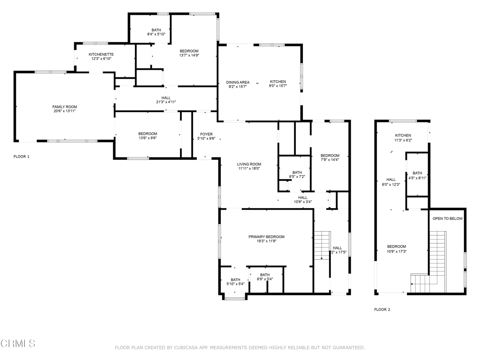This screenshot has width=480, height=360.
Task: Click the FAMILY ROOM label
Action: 65,107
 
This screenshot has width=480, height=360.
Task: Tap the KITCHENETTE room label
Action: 101,54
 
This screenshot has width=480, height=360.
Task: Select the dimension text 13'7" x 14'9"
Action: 189,55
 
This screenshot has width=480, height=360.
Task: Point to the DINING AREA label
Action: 238,82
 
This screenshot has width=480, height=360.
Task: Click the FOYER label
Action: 206,134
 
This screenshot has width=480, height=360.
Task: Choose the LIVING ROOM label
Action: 249,164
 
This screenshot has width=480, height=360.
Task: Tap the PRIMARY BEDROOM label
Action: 266,237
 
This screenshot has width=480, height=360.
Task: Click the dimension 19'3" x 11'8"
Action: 266,241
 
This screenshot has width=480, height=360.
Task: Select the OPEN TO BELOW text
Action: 448,218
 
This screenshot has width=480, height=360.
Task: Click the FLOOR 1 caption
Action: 22,157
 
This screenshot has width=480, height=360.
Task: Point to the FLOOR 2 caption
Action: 382,309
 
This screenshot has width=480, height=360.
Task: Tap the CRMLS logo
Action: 18,344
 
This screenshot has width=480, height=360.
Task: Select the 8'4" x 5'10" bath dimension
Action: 156,34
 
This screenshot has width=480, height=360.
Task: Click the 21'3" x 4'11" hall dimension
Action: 166,102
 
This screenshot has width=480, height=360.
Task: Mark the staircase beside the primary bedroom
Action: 322,246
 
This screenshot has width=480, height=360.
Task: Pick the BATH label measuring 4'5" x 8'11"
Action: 417,173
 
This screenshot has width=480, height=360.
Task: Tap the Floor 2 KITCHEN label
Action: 403,135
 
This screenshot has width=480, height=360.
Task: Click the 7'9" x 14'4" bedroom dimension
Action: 330,160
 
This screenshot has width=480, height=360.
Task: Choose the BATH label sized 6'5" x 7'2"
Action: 297,172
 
